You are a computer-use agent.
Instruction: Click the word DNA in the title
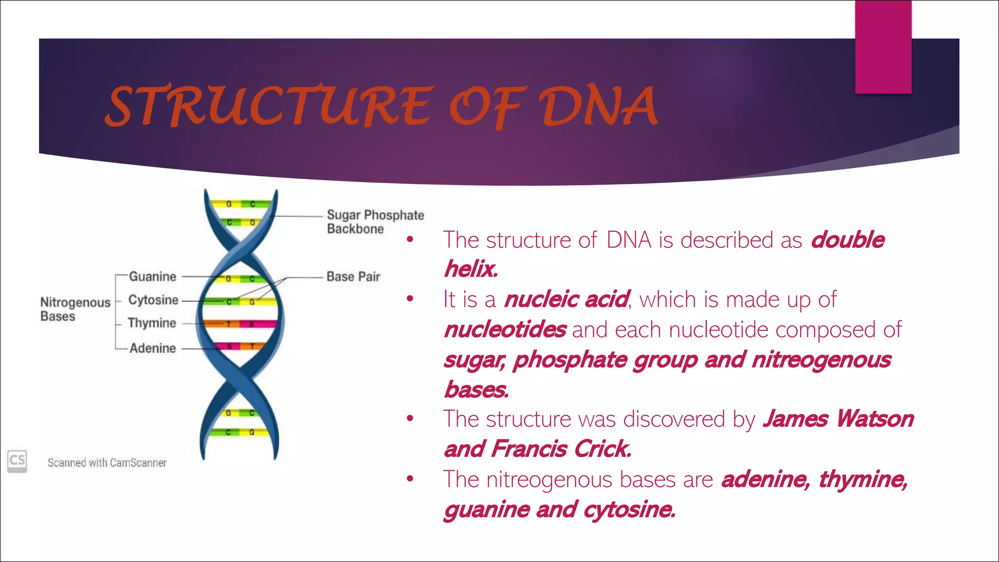coord(598,106)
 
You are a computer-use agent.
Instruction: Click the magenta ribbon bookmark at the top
coord(883,47)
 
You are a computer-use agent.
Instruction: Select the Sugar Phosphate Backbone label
coord(375,221)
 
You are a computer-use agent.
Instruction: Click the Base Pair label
coord(353,277)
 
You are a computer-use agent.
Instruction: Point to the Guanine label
coord(152,277)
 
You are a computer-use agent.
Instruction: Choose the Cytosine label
coord(153,300)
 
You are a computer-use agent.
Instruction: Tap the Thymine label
coord(152,323)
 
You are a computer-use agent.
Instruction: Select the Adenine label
coord(152,348)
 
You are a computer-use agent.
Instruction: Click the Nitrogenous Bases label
coord(75,309)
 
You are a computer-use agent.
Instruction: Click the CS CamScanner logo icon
coord(17,461)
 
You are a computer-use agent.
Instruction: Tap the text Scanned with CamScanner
coord(107,462)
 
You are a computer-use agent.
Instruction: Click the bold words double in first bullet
coord(847,240)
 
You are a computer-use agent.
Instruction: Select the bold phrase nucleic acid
coord(566,299)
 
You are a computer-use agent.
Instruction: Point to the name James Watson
coord(838,419)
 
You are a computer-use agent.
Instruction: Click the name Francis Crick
coord(561,449)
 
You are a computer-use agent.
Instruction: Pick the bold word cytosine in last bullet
coord(629,509)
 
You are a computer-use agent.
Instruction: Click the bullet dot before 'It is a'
coord(410,299)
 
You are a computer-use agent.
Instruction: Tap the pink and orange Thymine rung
coord(240,323)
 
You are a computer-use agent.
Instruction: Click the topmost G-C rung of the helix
coord(240,204)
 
